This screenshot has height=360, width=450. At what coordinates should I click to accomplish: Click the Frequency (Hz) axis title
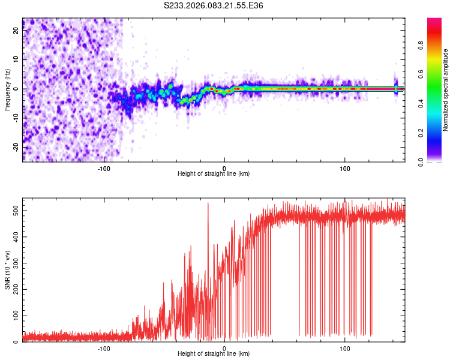pos(7,89)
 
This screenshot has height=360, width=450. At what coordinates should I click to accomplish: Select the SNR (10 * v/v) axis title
pos(7,269)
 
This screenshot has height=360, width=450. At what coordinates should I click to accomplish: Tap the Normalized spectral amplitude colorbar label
pos(446,89)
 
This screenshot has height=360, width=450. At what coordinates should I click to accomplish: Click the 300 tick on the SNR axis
pos(14,263)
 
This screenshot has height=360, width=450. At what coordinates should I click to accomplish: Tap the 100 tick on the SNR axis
pos(14,315)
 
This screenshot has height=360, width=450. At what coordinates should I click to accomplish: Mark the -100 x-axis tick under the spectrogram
pos(104,168)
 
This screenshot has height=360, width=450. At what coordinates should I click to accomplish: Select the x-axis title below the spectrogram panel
pos(214,174)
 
